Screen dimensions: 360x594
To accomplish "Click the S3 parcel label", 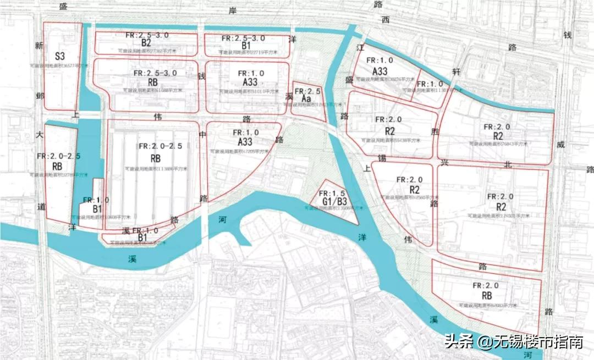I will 59,56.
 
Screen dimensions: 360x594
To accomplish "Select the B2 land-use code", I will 146,43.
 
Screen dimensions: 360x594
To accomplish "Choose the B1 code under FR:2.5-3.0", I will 246,45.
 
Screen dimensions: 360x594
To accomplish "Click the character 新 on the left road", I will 39,47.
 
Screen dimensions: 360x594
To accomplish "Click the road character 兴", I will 444,163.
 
